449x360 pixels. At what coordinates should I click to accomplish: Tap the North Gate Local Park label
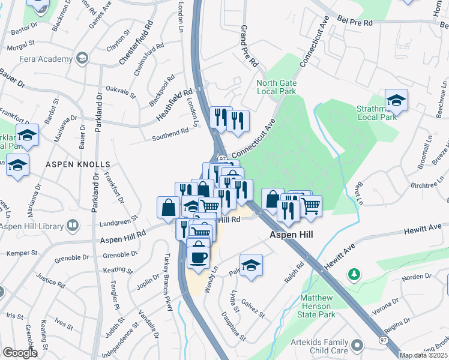[x=276, y=88]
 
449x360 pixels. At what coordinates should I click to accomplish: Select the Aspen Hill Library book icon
[x=73, y=226]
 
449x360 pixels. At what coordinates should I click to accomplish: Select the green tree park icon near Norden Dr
[x=355, y=274]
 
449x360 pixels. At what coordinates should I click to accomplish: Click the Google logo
[x=20, y=353]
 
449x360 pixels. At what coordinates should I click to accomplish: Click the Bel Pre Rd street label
[x=355, y=22]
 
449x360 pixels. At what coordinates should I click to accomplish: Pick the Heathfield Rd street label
[x=175, y=104]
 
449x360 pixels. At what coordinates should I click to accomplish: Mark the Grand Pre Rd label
[x=249, y=46]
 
